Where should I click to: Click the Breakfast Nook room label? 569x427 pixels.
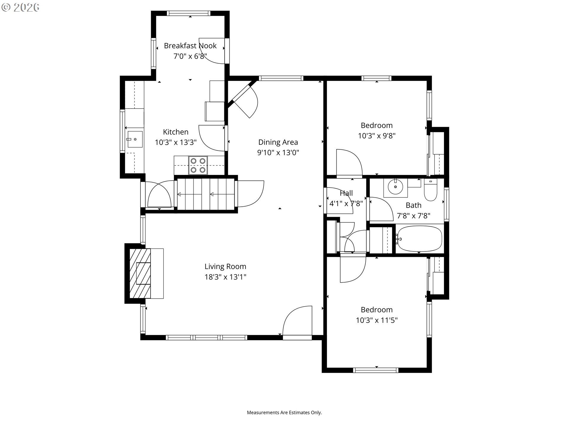coord(190,46)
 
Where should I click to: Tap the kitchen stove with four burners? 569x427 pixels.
coord(198,165)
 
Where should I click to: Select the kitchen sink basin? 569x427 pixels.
coord(135,139)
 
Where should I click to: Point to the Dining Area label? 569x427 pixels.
coord(278,142)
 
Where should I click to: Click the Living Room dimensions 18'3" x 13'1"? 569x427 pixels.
coord(226,277)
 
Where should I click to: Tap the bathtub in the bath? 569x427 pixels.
coord(419,238)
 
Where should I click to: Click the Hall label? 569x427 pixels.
coord(346,193)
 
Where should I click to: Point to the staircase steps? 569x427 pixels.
coord(206,194)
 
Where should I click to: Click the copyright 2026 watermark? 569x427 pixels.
coord(20,7)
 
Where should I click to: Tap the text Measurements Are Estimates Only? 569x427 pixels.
coord(284,412)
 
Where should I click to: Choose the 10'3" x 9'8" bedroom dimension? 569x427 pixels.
coord(377,136)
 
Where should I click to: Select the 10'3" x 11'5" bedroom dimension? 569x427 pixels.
coord(377,320)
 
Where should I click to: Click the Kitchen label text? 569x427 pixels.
coord(176,132)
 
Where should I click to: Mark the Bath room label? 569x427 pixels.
coord(413,205)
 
